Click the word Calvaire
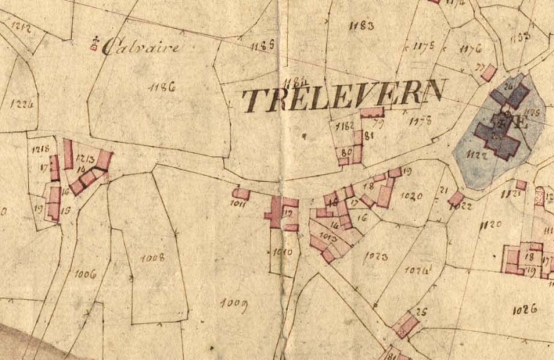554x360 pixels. (x=140, y=48)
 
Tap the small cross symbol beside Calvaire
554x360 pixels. (x=94, y=45)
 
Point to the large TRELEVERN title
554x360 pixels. (x=343, y=96)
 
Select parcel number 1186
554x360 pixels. (x=162, y=87)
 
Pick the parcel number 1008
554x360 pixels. (x=152, y=257)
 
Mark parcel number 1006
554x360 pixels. (x=85, y=273)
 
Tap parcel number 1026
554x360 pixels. (x=525, y=310)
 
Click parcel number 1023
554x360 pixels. (x=376, y=256)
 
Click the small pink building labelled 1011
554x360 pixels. (x=241, y=193)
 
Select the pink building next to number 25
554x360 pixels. (x=406, y=325)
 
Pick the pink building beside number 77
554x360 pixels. (x=488, y=73)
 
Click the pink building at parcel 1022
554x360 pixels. (x=456, y=198)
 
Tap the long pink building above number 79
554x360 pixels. (x=372, y=113)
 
